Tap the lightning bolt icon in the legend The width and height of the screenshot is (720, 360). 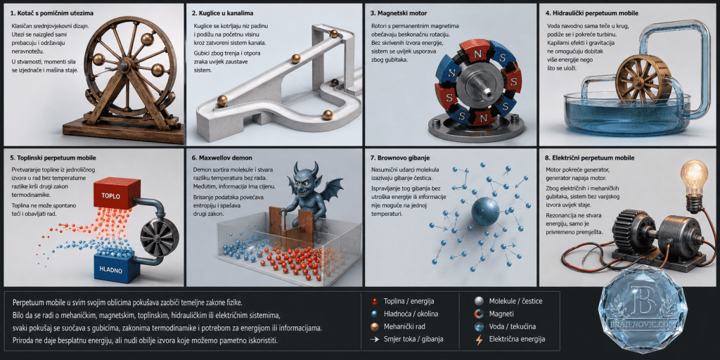(x=480, y=340)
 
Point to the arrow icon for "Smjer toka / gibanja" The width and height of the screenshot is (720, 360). (x=375, y=340)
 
